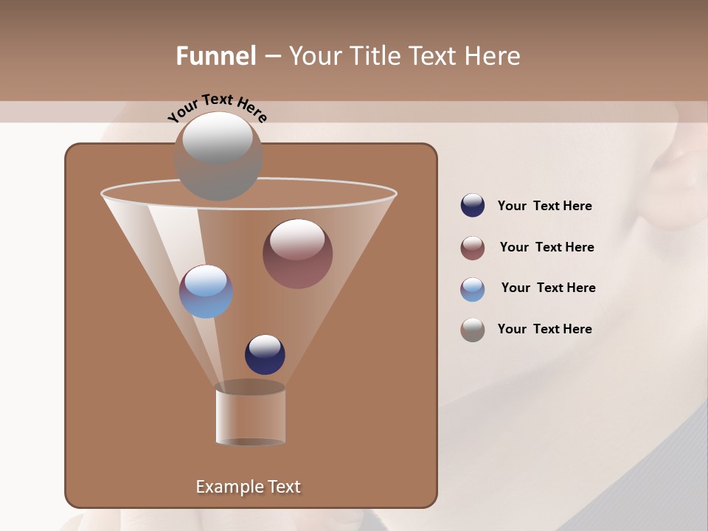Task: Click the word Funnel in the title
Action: coord(216,56)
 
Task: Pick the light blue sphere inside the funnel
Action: coord(206,291)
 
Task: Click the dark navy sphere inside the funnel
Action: coord(265,355)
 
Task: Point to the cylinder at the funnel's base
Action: coord(251,414)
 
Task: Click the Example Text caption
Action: coord(248,487)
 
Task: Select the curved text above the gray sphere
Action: coord(217,107)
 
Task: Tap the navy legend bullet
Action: coord(473,206)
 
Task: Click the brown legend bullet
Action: coord(473,248)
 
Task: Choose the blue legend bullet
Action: coord(473,289)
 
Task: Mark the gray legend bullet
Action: coord(473,330)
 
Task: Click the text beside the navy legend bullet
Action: coord(544,206)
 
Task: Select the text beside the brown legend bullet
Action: coord(546,248)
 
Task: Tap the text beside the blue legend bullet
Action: coord(548,288)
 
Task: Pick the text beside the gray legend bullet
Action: coord(544,329)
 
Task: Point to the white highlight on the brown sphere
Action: coord(297,239)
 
